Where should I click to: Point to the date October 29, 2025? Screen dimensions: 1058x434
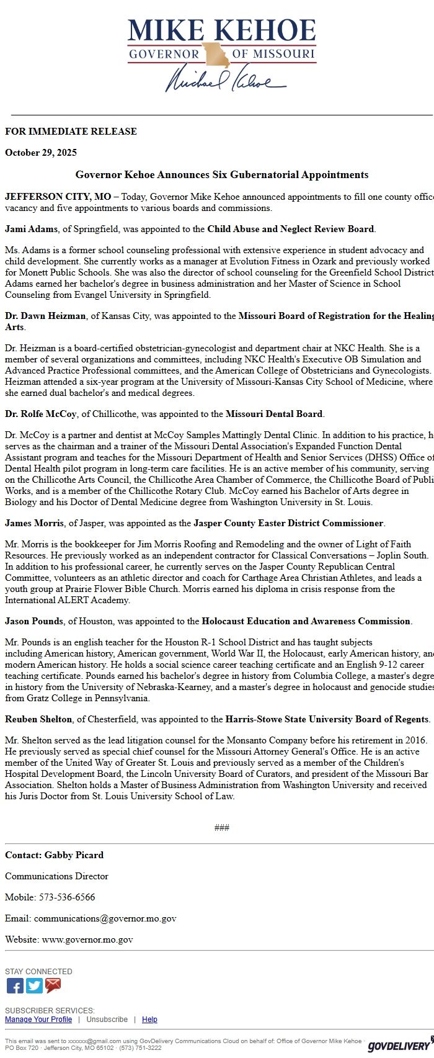point(41,153)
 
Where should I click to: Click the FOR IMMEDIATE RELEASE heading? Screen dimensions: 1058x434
point(71,132)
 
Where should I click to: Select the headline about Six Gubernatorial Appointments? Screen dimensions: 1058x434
point(222,175)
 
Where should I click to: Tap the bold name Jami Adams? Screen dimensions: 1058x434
point(32,229)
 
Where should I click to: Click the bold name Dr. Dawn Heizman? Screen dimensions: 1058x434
point(45,316)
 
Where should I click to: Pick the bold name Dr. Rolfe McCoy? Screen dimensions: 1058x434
point(41,414)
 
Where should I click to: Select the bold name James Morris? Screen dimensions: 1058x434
point(34,523)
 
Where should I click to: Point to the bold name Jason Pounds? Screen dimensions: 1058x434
point(34,621)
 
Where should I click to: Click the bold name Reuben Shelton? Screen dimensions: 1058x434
point(38,719)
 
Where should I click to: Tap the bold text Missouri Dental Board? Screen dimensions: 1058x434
point(274,414)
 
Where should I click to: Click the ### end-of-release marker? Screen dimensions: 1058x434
point(221,828)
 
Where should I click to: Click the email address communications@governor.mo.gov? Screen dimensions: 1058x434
point(105,918)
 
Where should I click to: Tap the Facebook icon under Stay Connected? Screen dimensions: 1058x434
point(15,985)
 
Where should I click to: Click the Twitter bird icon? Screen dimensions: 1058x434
point(34,985)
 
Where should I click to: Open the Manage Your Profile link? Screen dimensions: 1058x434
point(38,1020)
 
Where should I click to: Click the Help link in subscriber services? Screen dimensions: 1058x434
point(149,1020)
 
